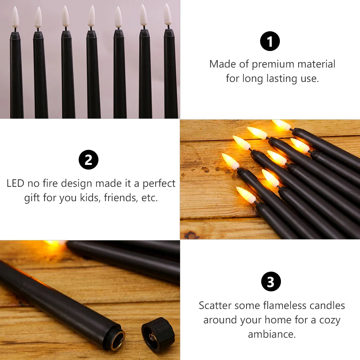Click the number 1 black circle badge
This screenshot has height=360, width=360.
[x=270, y=41]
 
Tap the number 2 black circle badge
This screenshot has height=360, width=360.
[x=88, y=160]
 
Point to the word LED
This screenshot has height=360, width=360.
[x=15, y=183]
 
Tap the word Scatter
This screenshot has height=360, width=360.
[x=215, y=305]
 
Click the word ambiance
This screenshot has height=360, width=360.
[x=272, y=334]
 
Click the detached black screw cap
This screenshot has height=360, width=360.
[x=158, y=333]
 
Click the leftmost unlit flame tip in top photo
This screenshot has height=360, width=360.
[x=15, y=17]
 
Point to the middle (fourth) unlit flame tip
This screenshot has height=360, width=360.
[x=91, y=16]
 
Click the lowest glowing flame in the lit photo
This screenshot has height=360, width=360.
[x=246, y=194]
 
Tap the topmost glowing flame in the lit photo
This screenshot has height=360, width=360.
[x=281, y=125]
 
